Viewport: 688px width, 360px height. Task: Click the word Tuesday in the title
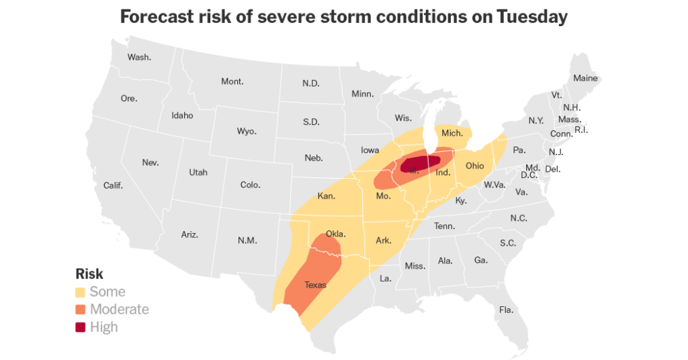(x=531, y=17)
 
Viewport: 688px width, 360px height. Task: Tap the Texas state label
(x=315, y=285)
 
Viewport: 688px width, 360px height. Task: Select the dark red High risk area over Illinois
(x=422, y=163)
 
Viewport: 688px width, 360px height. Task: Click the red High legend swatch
(x=81, y=327)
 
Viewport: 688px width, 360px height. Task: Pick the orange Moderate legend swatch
(x=81, y=310)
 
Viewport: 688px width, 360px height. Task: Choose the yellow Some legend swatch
(x=81, y=292)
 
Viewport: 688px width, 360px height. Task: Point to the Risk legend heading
(x=89, y=274)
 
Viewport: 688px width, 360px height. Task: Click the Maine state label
(x=585, y=78)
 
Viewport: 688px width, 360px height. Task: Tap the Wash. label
(x=139, y=57)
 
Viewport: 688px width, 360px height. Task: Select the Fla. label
(x=506, y=310)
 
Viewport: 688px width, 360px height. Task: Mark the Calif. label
(x=113, y=185)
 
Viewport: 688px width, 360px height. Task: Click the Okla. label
(x=335, y=234)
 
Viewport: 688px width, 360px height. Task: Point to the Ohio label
(x=474, y=165)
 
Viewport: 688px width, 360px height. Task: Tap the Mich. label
(x=452, y=133)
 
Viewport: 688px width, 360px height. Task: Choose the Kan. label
(x=327, y=196)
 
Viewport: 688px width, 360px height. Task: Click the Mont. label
(x=232, y=81)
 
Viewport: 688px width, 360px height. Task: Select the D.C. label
(x=528, y=175)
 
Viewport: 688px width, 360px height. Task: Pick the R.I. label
(x=581, y=130)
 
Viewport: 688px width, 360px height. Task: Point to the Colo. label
(x=251, y=185)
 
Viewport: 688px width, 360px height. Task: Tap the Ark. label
(x=384, y=240)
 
